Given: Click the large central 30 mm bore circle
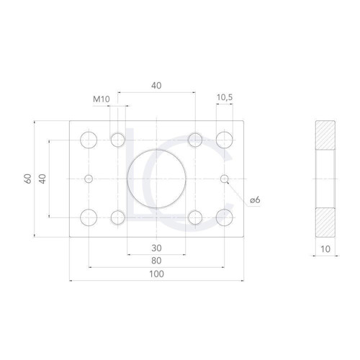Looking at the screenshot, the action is coord(127,179).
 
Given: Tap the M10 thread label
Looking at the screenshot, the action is coord(102,99).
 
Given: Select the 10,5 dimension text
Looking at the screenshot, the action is coord(225,97).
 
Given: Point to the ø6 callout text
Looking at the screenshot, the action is coord(255,200).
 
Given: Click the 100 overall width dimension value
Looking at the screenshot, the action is coord(156,274).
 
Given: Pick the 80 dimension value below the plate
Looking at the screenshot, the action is coord(156,261).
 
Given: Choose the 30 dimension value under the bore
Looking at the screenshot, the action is coord(156,248).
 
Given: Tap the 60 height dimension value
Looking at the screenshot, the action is coord(28,179).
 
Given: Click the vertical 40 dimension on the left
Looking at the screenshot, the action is coord(42,179).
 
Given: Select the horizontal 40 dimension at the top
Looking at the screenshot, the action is coord(156,86).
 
